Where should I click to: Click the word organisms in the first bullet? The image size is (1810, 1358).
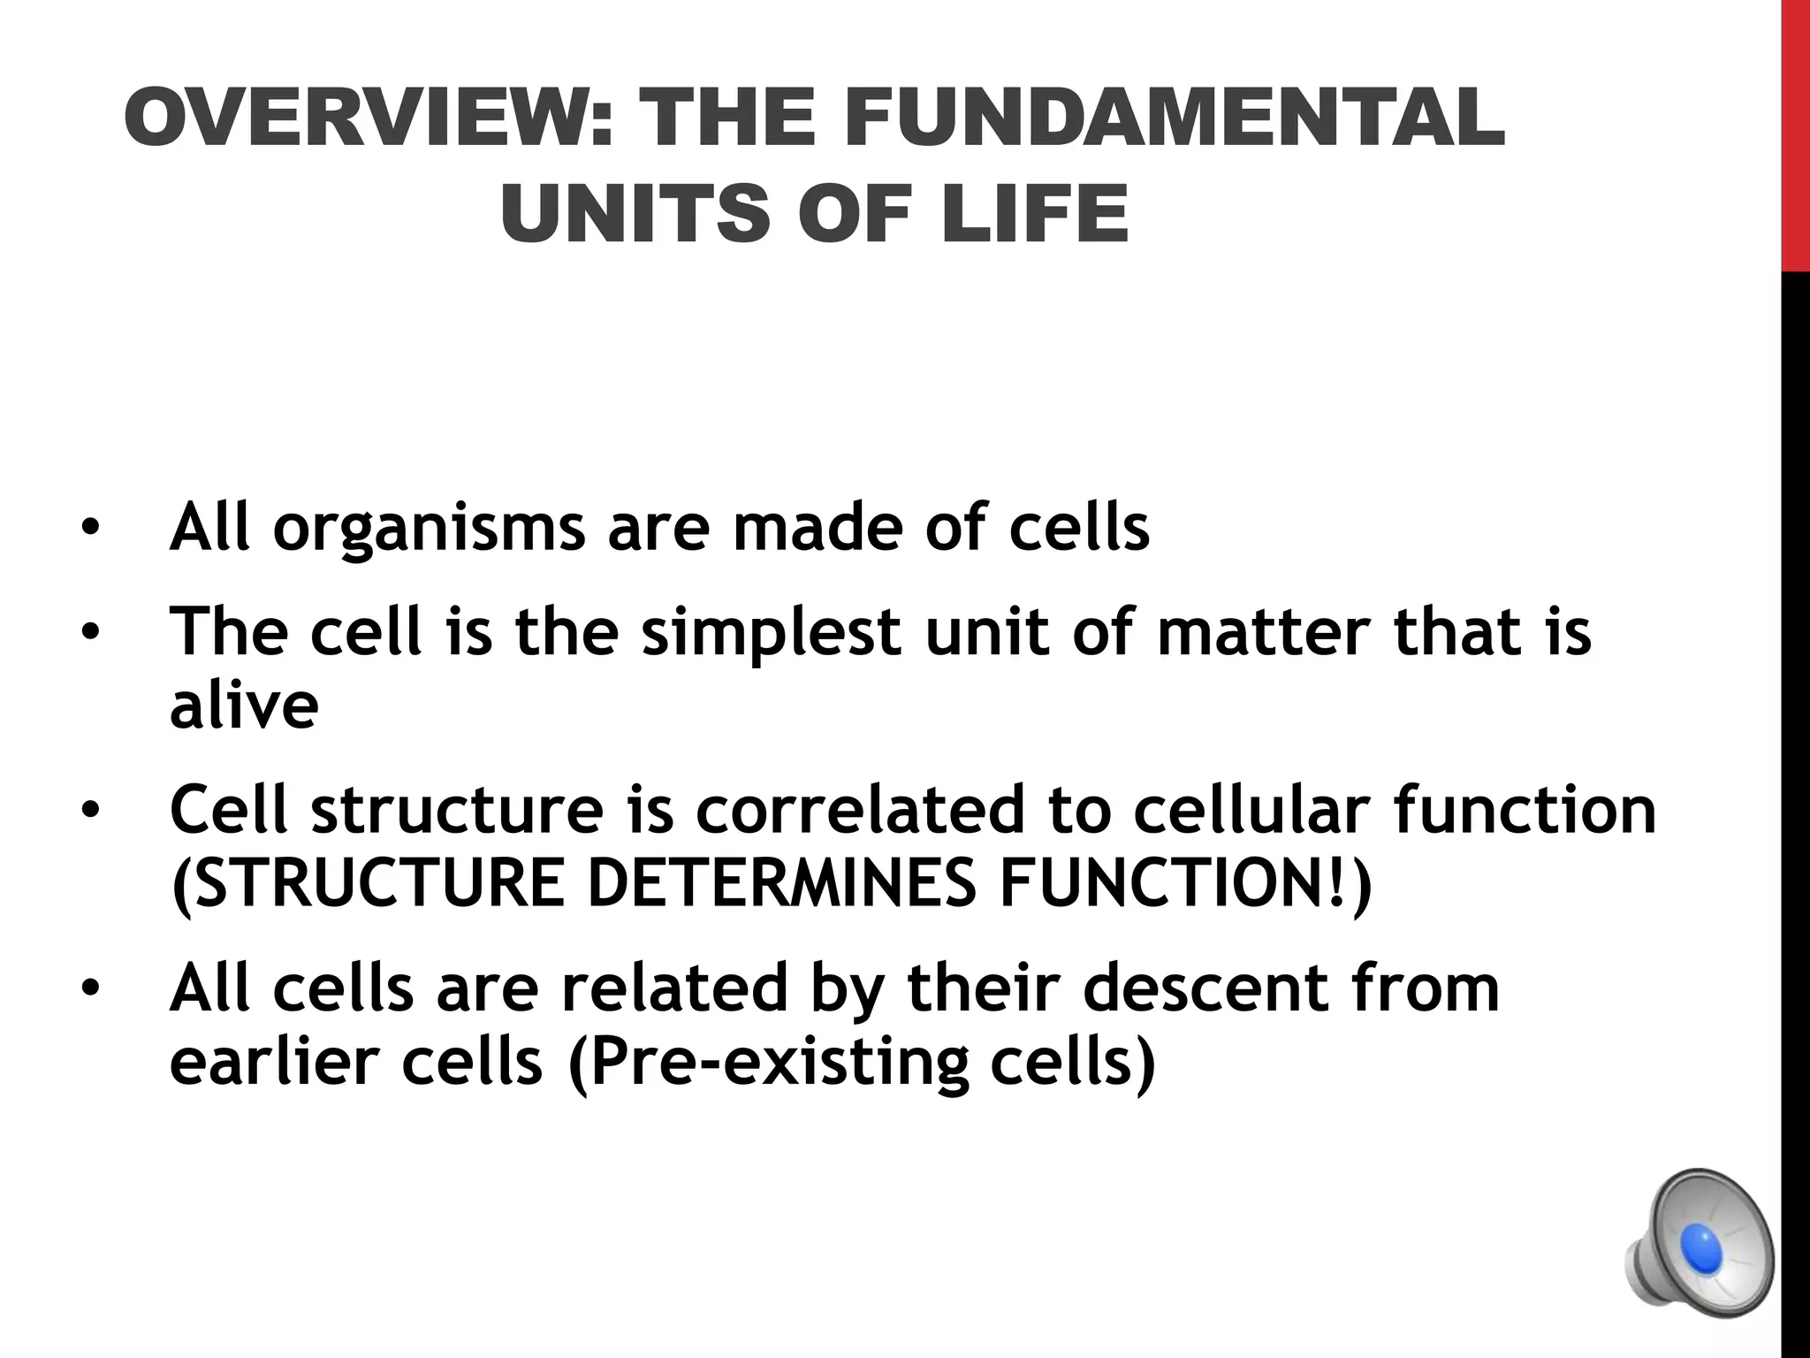pyautogui.click(x=428, y=528)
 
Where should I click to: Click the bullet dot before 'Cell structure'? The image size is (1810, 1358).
pyautogui.click(x=90, y=810)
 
